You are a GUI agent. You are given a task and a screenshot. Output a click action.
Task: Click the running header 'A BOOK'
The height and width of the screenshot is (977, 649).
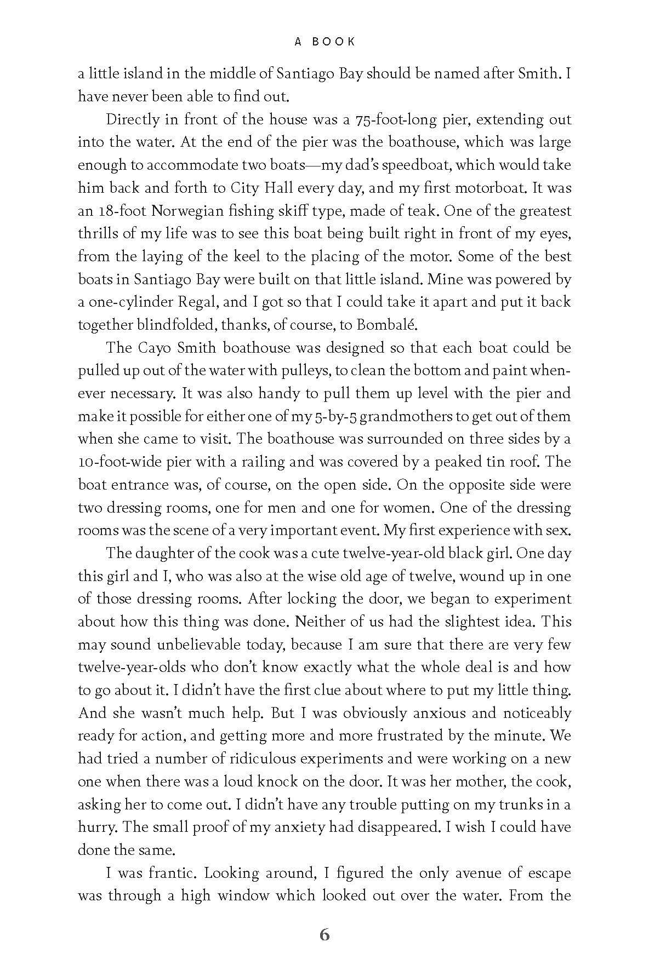point(324,42)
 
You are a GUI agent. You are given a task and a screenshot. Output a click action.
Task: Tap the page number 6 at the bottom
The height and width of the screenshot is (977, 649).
point(324,935)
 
